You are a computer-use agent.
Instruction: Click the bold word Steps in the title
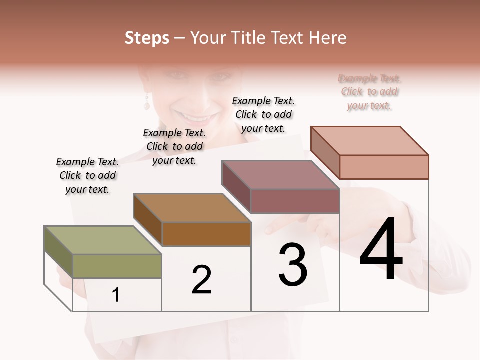click(x=147, y=38)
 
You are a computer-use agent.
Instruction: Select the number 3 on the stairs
click(x=293, y=265)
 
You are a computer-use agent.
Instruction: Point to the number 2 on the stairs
click(x=201, y=279)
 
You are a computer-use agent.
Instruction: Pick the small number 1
click(x=116, y=295)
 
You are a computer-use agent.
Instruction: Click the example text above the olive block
click(x=87, y=175)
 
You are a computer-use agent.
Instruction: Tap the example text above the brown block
click(x=174, y=146)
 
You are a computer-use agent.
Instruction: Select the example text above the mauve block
click(x=263, y=114)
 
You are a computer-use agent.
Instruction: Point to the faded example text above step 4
click(x=369, y=92)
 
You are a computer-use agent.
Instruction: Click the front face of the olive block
click(x=117, y=266)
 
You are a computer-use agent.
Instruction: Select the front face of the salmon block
click(x=384, y=167)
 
